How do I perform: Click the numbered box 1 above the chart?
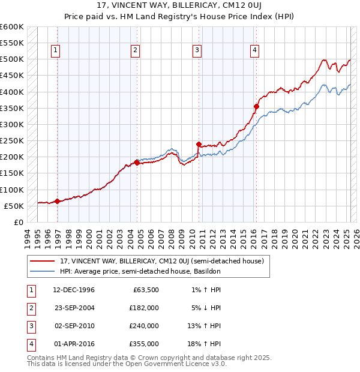[55, 50]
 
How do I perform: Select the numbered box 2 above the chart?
[136, 50]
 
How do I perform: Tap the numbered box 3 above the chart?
[197, 50]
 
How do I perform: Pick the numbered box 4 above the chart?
[255, 50]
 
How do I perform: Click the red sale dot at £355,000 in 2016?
[256, 107]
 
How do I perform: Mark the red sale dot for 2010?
[199, 144]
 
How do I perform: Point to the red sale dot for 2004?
[137, 163]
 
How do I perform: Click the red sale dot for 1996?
[57, 201]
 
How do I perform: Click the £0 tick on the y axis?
[19, 222]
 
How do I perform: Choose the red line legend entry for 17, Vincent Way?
[165, 261]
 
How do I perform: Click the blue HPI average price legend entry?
[140, 272]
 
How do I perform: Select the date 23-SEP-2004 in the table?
[74, 308]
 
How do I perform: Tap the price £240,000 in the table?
[144, 326]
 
